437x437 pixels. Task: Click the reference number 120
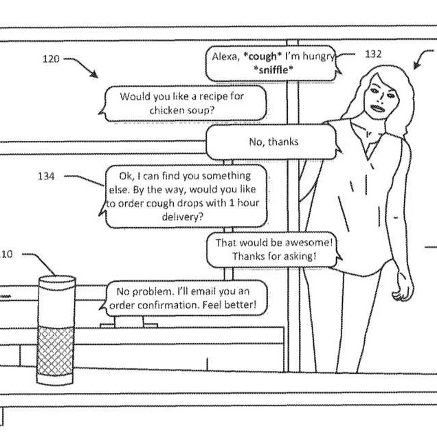coord(51,59)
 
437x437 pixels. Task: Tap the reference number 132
coord(373,54)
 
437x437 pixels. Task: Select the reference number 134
coord(46,176)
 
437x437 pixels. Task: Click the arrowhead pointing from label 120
coord(94,74)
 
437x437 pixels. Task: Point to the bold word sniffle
coord(273,69)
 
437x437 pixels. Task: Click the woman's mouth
coord(378,108)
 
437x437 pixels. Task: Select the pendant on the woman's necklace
coord(368,135)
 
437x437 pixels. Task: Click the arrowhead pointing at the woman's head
coord(416,65)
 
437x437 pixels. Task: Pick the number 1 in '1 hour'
coord(232,203)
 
